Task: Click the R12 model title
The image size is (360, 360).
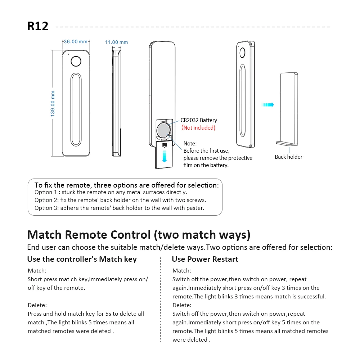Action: (38, 26)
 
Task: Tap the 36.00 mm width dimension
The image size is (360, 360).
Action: (76, 41)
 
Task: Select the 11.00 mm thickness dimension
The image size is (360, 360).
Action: (116, 42)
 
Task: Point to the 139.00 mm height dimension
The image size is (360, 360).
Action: (53, 103)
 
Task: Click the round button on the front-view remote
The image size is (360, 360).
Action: (76, 61)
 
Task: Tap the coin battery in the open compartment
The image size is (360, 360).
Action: (164, 129)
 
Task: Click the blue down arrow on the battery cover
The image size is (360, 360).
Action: (165, 156)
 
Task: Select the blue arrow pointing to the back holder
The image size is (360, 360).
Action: (268, 105)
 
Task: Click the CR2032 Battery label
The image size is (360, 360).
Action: (199, 120)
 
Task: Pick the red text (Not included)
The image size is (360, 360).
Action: (198, 127)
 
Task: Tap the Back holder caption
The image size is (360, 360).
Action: (288, 157)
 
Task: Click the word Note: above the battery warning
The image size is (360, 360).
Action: (190, 144)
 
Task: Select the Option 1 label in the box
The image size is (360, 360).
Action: (46, 192)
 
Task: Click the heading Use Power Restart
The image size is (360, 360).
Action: (205, 259)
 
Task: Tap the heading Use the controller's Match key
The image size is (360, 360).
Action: (82, 259)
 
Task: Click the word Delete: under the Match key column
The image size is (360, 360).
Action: (37, 305)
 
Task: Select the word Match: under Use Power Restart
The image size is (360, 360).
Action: (182, 270)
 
